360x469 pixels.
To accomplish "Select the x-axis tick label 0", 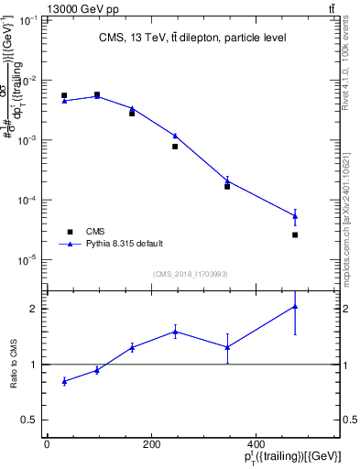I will pyautogui.click(x=47, y=444).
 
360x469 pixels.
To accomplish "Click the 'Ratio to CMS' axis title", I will pyautogui.click(x=14, y=365).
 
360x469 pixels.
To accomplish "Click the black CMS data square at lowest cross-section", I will pyautogui.click(x=295, y=234).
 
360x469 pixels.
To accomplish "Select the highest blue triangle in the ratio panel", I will pyautogui.click(x=295, y=306).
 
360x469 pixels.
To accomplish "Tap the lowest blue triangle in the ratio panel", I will pyautogui.click(x=64, y=381).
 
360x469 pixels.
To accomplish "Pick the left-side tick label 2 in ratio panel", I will pyautogui.click(x=33, y=309).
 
